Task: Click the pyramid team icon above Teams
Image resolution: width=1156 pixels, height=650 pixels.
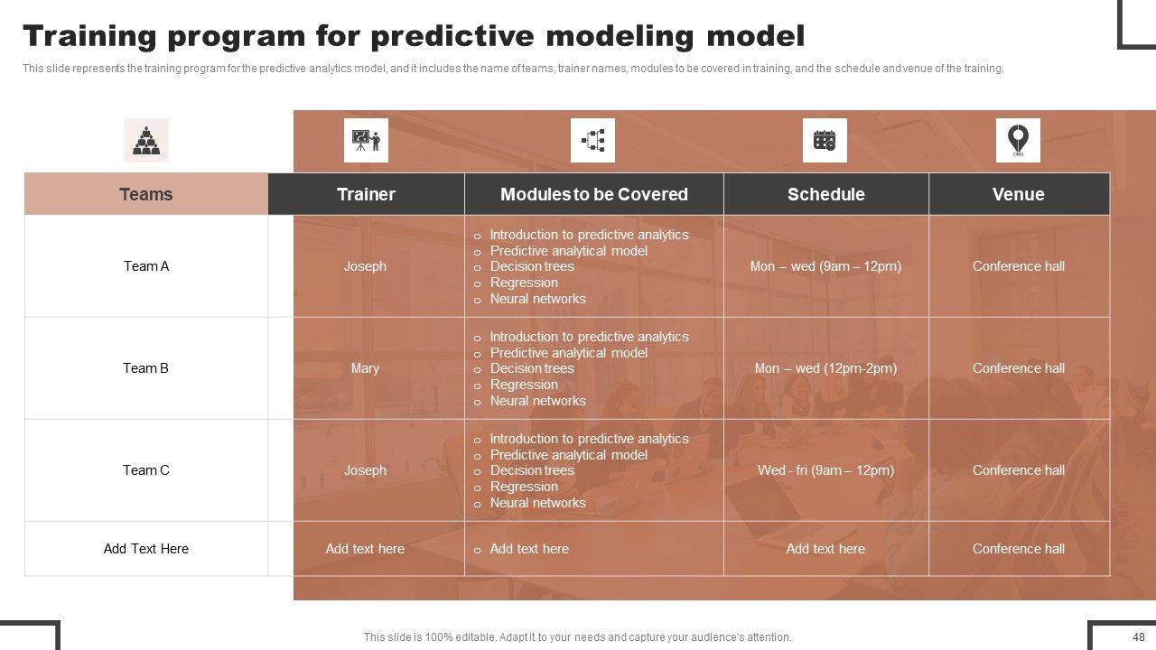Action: point(146,140)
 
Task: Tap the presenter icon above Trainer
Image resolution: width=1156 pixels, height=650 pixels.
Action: point(366,140)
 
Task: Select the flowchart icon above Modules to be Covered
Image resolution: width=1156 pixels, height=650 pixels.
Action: point(593,140)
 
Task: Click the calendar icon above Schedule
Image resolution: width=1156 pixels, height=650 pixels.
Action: point(825,140)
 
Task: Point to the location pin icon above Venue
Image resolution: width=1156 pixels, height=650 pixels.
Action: point(1018,140)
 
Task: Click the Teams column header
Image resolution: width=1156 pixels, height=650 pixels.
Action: point(146,194)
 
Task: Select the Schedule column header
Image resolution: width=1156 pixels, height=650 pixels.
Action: point(826,194)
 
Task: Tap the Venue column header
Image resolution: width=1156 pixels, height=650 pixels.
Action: point(1019,194)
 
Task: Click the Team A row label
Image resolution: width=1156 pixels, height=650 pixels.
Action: point(146,266)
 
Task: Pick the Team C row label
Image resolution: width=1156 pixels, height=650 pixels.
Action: point(146,470)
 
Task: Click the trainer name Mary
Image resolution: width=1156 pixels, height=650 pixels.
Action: point(365,368)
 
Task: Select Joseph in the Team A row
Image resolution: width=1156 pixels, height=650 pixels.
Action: point(365,266)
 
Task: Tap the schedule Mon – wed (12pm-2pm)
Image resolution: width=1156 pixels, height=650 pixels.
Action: point(825,368)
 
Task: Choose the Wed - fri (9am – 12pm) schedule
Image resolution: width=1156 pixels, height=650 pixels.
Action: point(825,470)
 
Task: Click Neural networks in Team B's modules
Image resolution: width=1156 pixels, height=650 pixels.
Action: point(537,401)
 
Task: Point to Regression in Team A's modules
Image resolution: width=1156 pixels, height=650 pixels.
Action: point(524,283)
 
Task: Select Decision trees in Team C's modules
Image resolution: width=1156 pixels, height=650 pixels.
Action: point(532,470)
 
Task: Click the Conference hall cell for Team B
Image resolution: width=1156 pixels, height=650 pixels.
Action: point(1019,368)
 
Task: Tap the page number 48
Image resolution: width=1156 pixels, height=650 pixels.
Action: point(1139,636)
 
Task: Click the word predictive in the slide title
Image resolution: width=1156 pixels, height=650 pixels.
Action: point(452,37)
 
